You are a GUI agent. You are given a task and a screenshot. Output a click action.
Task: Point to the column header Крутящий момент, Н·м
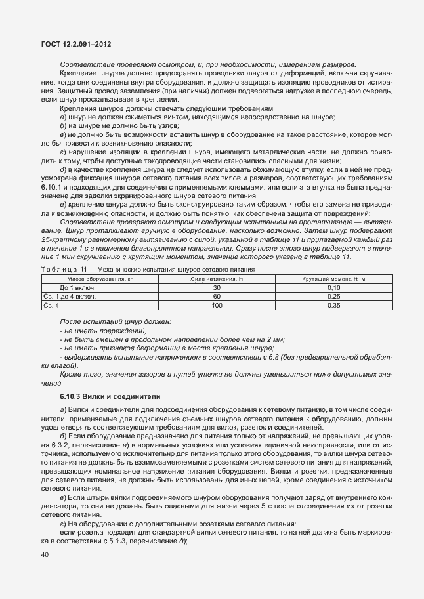[x=334, y=279]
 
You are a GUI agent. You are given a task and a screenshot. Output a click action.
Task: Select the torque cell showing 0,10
[x=334, y=287]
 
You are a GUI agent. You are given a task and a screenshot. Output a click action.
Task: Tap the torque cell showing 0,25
[x=334, y=296]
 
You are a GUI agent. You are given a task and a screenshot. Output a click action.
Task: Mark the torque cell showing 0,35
[x=334, y=305]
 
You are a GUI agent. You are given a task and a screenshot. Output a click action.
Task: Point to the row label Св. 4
[x=51, y=305]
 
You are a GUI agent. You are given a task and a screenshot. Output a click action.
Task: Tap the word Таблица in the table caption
[x=57, y=270]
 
